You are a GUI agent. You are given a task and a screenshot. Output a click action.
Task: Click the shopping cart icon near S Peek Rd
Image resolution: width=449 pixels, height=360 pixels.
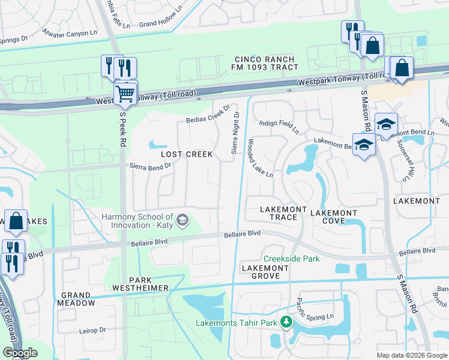click(124, 93)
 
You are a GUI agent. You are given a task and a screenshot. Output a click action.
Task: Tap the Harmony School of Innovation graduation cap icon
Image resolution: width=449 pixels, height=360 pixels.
click(182, 221)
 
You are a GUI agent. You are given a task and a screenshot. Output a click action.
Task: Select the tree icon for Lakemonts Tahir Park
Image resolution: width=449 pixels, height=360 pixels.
click(286, 323)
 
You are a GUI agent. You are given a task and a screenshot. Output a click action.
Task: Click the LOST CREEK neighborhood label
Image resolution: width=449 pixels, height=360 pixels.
click(186, 154)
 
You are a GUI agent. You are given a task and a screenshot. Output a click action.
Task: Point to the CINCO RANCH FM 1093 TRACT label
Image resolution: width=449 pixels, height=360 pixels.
click(265, 63)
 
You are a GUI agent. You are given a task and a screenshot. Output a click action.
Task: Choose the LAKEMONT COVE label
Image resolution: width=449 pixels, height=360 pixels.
click(333, 217)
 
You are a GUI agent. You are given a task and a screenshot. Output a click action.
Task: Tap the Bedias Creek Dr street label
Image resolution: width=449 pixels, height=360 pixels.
click(208, 113)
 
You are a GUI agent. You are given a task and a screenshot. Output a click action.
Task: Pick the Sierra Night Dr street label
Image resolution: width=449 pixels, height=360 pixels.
click(235, 132)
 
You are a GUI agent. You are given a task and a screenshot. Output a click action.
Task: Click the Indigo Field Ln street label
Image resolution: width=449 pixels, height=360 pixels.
click(279, 125)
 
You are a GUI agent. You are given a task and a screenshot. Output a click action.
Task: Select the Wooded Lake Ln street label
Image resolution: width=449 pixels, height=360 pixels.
click(261, 158)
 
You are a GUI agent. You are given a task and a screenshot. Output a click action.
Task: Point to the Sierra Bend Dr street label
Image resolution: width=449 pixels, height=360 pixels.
click(150, 166)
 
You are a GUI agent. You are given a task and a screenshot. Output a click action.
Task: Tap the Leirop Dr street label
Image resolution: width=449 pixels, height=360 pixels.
click(92, 330)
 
